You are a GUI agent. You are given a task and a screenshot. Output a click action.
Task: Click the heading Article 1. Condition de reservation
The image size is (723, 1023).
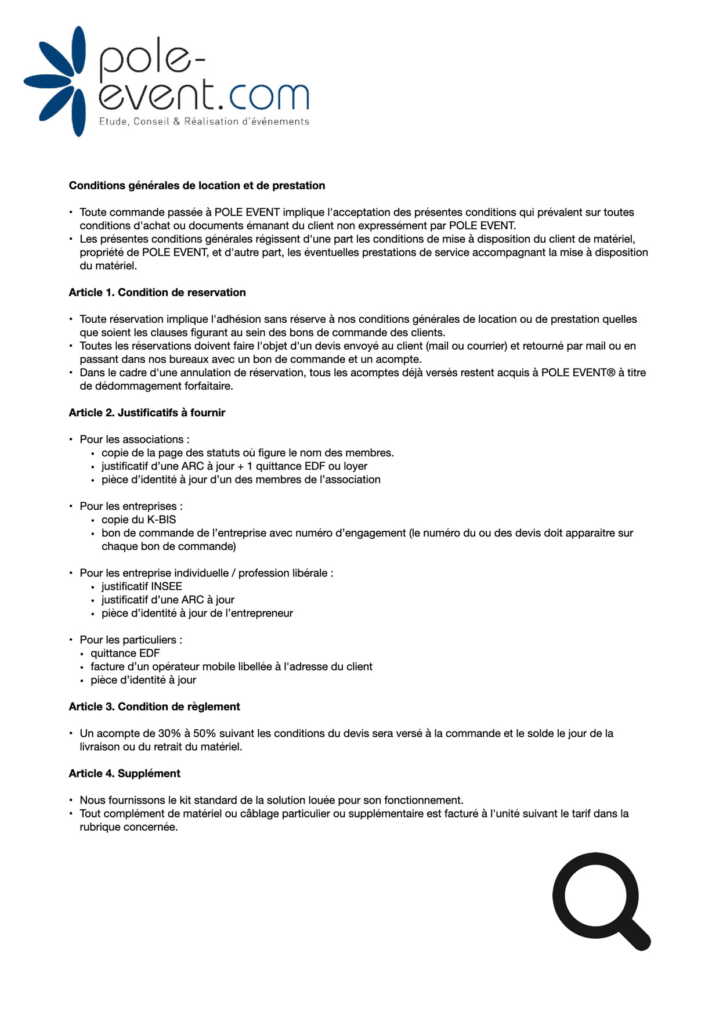point(157,293)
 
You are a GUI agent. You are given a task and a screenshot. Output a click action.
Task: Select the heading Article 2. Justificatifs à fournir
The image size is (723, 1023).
point(147,413)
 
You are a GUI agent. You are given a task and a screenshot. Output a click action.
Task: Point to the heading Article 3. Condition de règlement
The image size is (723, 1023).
point(154,707)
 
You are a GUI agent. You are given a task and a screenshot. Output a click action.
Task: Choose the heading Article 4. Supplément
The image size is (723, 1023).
point(124,773)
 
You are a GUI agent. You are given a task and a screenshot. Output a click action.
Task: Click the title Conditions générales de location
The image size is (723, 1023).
point(197,186)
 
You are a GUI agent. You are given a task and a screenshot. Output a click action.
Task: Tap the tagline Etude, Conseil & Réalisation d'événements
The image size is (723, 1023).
point(204,122)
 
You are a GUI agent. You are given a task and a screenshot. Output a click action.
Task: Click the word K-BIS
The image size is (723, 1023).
point(157,520)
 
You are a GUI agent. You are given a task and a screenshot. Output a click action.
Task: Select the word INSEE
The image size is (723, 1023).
point(167,586)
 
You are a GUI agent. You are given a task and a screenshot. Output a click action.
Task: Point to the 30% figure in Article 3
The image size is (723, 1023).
point(169,733)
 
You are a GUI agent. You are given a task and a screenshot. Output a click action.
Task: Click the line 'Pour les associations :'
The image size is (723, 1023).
point(135,440)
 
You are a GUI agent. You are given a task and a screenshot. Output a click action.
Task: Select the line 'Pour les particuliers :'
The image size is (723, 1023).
point(131,640)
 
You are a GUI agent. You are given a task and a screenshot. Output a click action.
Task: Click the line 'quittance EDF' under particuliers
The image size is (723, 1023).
point(125,653)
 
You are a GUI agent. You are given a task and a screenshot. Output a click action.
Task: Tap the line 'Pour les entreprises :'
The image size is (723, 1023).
point(131,506)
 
